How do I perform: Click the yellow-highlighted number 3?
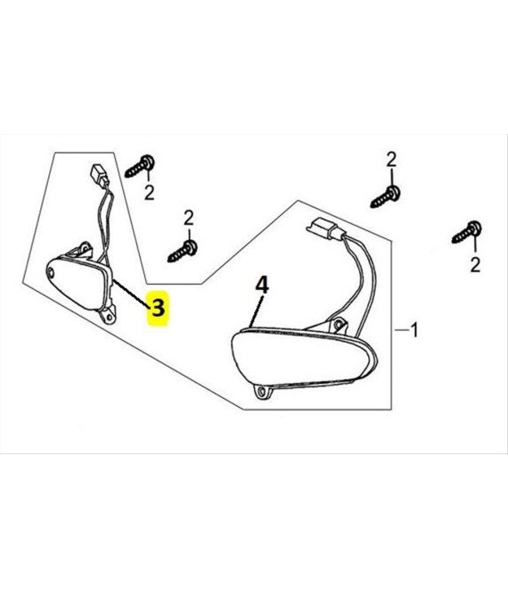pyautogui.click(x=158, y=308)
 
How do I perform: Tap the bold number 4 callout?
pyautogui.click(x=262, y=285)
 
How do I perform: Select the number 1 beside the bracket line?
pyautogui.click(x=414, y=330)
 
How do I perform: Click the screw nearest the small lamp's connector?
pyautogui.click(x=140, y=166)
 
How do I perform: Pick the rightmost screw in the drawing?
pyautogui.click(x=467, y=233)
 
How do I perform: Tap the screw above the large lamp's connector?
pyautogui.click(x=385, y=196)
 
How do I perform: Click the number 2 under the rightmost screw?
pyautogui.click(x=475, y=265)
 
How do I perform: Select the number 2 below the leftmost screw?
pyautogui.click(x=150, y=193)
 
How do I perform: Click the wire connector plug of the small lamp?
pyautogui.click(x=98, y=174)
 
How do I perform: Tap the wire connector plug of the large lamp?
pyautogui.click(x=323, y=228)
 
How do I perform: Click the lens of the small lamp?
pyautogui.click(x=77, y=281)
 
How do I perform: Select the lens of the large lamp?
pyautogui.click(x=301, y=356)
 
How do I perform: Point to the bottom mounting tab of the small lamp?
pyautogui.click(x=108, y=315)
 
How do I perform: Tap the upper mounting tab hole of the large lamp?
pyautogui.click(x=339, y=324)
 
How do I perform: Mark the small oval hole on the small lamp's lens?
pyautogui.click(x=52, y=273)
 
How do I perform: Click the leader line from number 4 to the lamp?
pyautogui.click(x=256, y=311)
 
